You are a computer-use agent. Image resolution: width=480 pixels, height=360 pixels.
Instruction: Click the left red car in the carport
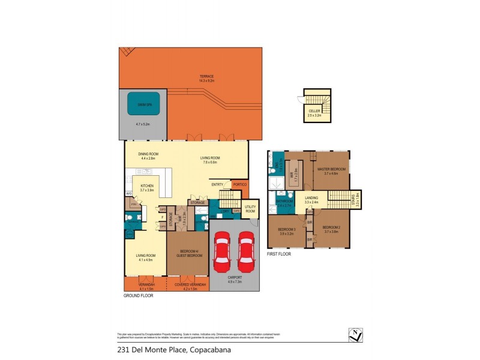click(221, 251)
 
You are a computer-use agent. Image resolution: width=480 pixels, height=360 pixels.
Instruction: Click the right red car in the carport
click(247, 251)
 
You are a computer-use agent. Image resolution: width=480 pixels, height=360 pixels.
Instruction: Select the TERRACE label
click(207, 77)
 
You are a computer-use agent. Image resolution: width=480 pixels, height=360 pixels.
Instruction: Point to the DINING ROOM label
click(147, 154)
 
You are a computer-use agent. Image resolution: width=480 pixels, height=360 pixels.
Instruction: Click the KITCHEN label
click(148, 186)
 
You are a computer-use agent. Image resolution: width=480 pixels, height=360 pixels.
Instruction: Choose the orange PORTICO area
click(240, 185)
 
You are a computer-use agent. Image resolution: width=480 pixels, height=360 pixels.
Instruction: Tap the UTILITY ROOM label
click(250, 209)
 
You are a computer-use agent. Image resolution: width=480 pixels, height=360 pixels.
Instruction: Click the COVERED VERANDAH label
click(190, 284)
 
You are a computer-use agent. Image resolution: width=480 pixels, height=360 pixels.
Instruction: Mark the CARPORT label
click(234, 278)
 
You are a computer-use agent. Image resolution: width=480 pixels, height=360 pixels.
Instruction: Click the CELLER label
click(314, 111)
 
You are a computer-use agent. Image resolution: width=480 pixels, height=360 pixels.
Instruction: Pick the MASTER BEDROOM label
click(332, 170)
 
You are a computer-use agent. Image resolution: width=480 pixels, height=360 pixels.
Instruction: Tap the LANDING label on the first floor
click(311, 197)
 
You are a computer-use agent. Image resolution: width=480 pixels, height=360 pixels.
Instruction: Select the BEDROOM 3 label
click(286, 230)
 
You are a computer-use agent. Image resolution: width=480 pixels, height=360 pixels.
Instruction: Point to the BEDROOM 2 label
click(331, 227)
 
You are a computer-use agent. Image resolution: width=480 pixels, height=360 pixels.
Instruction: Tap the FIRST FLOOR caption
click(280, 254)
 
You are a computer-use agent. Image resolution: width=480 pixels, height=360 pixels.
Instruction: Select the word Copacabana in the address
click(209, 349)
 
